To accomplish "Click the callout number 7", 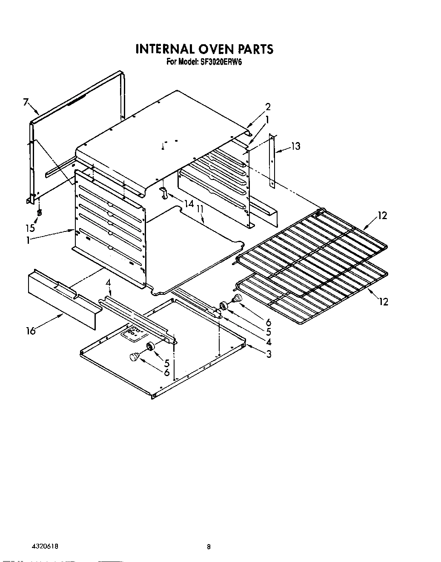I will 26,102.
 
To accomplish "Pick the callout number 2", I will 268,107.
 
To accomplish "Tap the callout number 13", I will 295,146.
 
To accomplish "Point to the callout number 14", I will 189,204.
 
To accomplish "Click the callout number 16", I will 31,331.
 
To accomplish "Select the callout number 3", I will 269,353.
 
